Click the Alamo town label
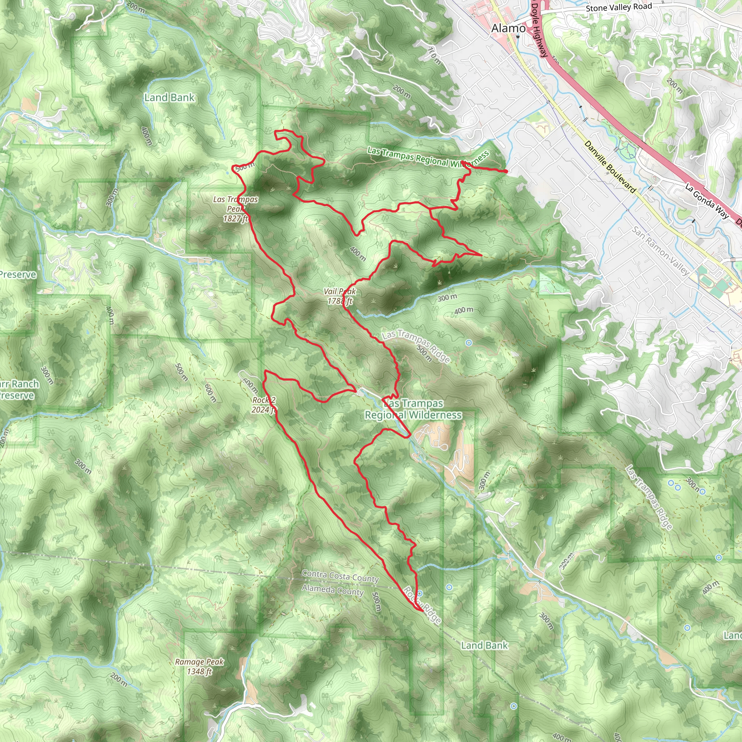508,28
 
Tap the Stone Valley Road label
619,7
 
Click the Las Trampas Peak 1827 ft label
235,209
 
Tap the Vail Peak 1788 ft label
340,296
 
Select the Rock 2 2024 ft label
263,405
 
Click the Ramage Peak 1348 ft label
199,666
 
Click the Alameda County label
333,590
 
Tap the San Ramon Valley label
660,251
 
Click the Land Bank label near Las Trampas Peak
169,98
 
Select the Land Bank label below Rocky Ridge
484,646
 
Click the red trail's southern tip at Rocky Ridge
422,610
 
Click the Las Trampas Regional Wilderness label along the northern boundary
428,158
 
